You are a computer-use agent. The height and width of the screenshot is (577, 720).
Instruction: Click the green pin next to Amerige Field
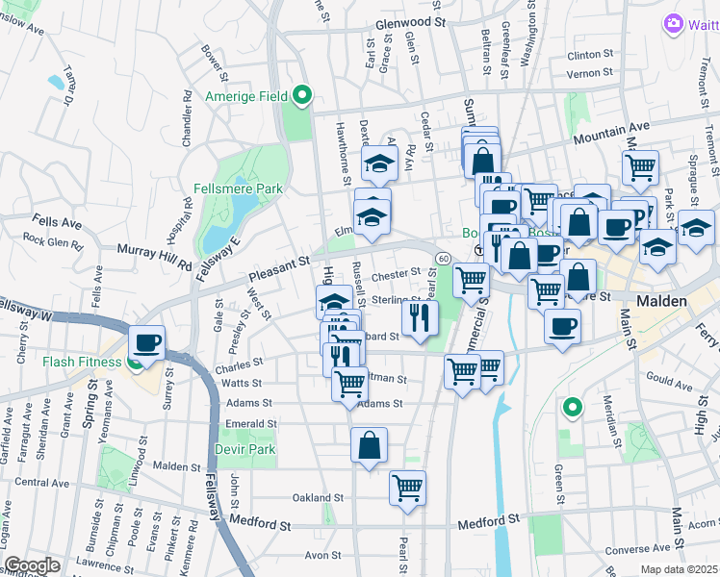pos(302,94)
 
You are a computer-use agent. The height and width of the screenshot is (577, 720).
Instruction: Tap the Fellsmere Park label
pos(237,188)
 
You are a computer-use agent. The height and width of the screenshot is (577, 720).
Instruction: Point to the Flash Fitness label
pos(81,363)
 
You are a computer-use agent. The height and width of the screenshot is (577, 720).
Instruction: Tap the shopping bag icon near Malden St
pos(369,444)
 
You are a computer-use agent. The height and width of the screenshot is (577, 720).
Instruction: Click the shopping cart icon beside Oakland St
pos(408,488)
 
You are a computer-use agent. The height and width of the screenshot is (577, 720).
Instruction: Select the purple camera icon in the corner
pos(674,22)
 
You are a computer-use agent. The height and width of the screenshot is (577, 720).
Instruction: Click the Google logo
pos(32,564)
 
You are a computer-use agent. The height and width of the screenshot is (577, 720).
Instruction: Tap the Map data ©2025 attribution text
pos(679,569)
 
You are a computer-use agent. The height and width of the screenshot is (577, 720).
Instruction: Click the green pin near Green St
pos(573,408)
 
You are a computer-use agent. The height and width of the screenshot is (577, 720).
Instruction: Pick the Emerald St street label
pos(250,423)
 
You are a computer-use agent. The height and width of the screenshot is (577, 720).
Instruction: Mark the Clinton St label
pos(590,55)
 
